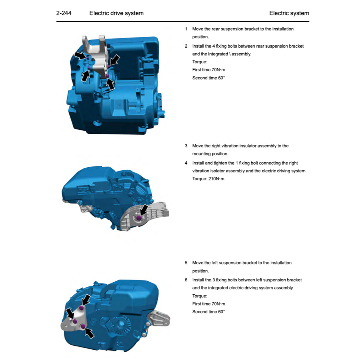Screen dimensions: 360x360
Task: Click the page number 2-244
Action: pyautogui.click(x=64, y=13)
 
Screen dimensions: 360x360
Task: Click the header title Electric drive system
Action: pyautogui.click(x=116, y=13)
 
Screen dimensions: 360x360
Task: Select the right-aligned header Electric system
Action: pyautogui.click(x=289, y=13)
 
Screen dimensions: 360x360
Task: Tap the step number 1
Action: pyautogui.click(x=186, y=29)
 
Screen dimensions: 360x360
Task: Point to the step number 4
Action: pyautogui.click(x=186, y=163)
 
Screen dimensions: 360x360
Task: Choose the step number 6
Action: pyautogui.click(x=186, y=280)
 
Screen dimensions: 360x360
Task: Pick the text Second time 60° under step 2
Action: pyautogui.click(x=208, y=78)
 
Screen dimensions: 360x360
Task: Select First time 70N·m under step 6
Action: pyautogui.click(x=208, y=304)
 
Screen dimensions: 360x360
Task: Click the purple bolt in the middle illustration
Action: pyautogui.click(x=139, y=218)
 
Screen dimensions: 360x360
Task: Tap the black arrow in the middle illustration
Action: pyautogui.click(x=144, y=210)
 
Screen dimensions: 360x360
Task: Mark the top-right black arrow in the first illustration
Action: pyautogui.click(x=115, y=59)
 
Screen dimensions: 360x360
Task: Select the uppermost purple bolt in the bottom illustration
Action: pyautogui.click(x=82, y=308)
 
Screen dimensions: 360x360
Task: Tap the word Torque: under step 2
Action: pyautogui.click(x=199, y=62)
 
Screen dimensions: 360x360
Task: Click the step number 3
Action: pyautogui.click(x=186, y=146)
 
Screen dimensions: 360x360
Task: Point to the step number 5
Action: pyautogui.click(x=186, y=263)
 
